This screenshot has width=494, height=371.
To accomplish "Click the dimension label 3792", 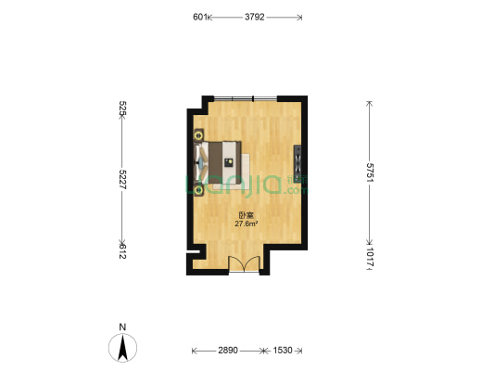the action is (x=255, y=17).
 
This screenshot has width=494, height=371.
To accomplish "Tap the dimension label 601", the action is (x=200, y=17).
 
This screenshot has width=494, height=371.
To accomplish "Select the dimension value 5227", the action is (x=122, y=179).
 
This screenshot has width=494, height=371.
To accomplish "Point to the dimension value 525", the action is (x=122, y=109).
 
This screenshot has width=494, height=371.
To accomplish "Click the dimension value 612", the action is (x=122, y=251).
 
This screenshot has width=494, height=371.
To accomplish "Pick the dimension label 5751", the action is (x=370, y=173).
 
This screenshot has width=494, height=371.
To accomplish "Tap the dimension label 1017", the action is (x=370, y=258).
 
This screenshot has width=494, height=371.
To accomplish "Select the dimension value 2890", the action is (x=228, y=351).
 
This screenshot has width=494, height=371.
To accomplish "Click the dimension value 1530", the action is (x=283, y=351).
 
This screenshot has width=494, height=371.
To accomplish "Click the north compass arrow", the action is (x=122, y=348).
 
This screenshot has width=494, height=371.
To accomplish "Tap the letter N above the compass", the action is (x=122, y=326).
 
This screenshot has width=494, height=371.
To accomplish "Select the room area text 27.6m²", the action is (x=247, y=224).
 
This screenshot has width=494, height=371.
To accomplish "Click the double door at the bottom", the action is (x=244, y=263).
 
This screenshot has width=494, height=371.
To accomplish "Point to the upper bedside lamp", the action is (x=198, y=135).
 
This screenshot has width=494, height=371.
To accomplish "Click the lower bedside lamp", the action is (x=198, y=190).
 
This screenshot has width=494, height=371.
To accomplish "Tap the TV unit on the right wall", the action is (x=298, y=164).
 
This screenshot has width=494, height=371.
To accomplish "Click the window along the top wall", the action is (x=246, y=98).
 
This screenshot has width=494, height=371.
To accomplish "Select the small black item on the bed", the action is (x=228, y=162).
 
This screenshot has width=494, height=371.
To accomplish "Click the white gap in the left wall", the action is (x=193, y=252).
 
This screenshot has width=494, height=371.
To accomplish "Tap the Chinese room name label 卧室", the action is (x=247, y=215).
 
